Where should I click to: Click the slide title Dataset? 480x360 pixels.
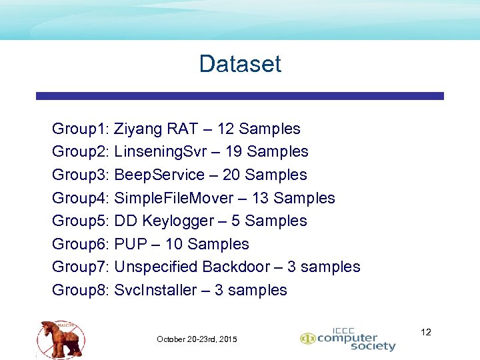(240, 64)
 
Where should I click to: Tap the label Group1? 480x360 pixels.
(81, 129)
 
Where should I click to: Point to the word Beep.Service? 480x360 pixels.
(159, 175)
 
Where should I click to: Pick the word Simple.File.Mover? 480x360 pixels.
(174, 198)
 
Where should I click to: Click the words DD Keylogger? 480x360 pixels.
(162, 221)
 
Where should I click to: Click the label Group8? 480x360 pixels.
(81, 290)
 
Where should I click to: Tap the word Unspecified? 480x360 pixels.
(156, 267)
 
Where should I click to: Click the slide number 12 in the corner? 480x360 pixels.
(427, 331)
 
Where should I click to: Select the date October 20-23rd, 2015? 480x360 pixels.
(197, 339)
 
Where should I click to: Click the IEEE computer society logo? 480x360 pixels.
(347, 339)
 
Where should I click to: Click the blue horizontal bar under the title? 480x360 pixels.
(240, 96)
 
